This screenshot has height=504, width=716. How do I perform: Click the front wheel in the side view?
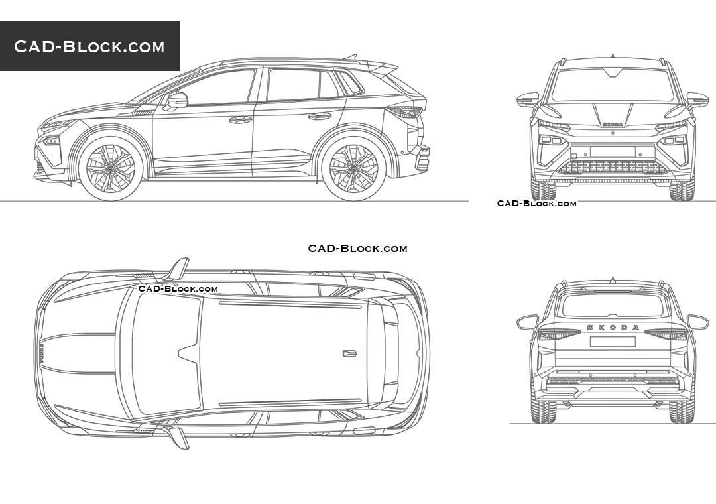[x=110, y=168]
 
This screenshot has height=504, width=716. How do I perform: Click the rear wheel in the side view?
[x=353, y=168]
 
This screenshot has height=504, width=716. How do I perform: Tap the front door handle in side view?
[x=240, y=120]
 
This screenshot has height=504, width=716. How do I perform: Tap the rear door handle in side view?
[x=320, y=116]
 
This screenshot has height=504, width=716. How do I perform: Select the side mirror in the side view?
[x=177, y=100]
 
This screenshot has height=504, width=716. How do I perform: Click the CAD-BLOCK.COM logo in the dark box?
[x=89, y=46]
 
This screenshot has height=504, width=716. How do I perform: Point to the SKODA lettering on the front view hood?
[x=612, y=124]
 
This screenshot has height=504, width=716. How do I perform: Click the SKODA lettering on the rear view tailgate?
[x=613, y=328]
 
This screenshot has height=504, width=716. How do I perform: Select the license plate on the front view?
[x=612, y=152]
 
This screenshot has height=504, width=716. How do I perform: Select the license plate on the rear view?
[x=613, y=342]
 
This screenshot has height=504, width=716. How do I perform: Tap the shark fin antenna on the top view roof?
[x=349, y=353]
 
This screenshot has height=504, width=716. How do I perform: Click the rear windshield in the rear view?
[x=613, y=305]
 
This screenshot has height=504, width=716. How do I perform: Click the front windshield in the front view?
[x=612, y=86]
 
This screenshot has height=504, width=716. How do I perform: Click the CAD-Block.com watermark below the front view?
[x=536, y=204]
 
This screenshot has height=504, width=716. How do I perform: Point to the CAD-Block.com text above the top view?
[x=357, y=249]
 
